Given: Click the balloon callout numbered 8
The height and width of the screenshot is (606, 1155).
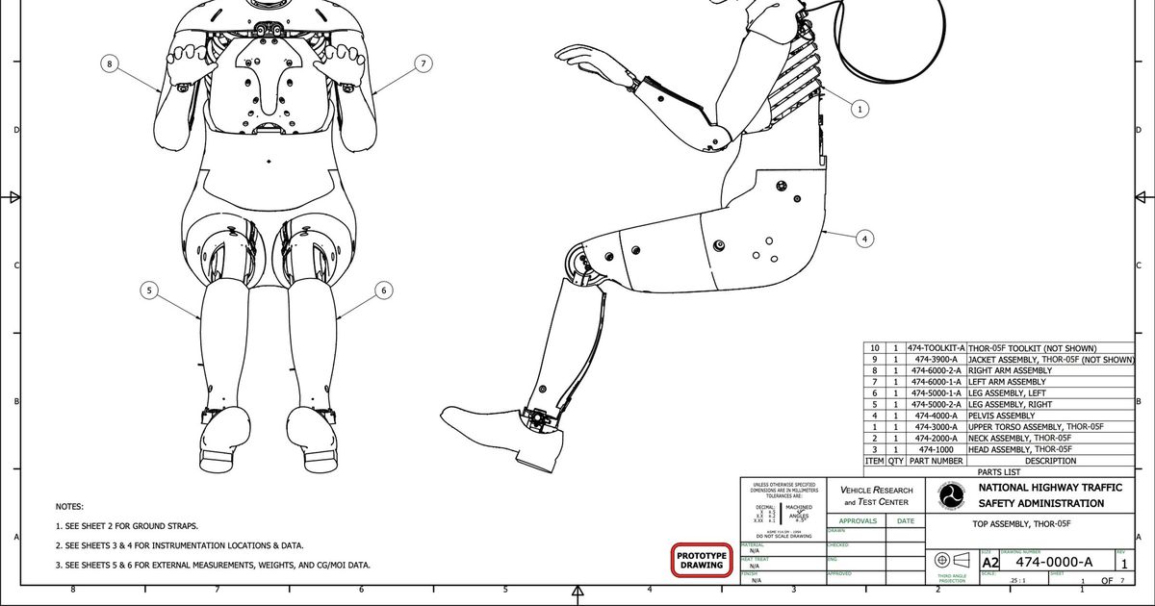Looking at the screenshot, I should click(x=110, y=63).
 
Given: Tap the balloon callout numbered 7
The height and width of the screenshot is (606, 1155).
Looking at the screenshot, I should click(x=423, y=63).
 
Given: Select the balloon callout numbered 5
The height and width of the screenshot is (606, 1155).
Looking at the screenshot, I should click(x=148, y=289).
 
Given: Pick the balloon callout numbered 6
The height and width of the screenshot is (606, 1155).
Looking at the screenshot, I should click(x=383, y=289).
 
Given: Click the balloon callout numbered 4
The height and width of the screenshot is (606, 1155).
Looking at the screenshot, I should click(x=865, y=238).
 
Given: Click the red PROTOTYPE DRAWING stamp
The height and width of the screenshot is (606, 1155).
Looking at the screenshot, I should click(x=701, y=560).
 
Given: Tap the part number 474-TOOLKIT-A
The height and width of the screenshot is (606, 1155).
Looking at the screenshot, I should click(x=936, y=348).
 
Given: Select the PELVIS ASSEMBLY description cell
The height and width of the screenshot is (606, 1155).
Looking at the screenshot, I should click(x=1001, y=416).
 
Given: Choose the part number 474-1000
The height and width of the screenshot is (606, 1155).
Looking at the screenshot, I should click(x=936, y=449).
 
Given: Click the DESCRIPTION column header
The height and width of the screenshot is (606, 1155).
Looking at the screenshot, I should click(x=1050, y=461).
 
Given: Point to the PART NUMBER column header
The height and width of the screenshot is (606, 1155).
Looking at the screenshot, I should click(x=936, y=461).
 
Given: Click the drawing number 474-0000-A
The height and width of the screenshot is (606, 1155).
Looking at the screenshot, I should click(x=1054, y=562).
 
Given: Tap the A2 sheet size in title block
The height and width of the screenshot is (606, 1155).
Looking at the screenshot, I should click(x=989, y=562).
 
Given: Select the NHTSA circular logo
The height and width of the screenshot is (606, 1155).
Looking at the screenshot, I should click(x=950, y=497).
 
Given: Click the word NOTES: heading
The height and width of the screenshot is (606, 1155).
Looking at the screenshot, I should click(x=70, y=506).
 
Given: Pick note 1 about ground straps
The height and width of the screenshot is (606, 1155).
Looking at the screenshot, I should click(x=127, y=526).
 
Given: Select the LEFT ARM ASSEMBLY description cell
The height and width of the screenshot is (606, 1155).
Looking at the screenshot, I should click(x=1006, y=382).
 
